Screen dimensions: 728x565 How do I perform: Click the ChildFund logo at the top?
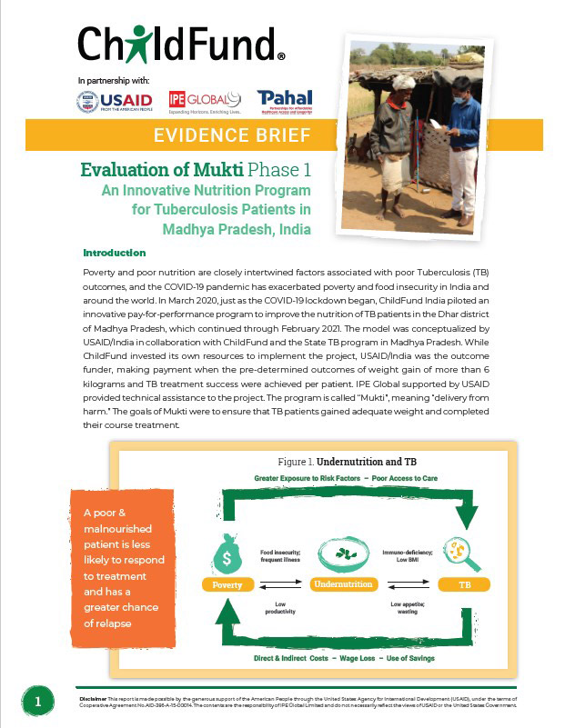click(x=179, y=43)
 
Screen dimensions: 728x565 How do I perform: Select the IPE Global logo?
click(x=205, y=102)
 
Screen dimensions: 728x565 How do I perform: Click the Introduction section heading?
click(x=114, y=252)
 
